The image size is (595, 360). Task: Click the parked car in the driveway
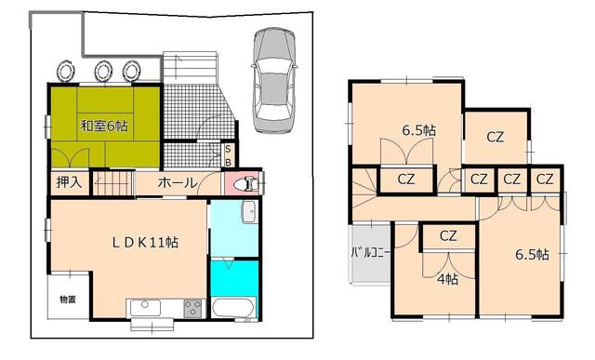point(274,75)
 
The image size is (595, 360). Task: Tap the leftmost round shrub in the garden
point(67,71)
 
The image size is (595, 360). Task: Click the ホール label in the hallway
point(177,183)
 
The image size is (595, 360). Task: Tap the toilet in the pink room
point(244,183)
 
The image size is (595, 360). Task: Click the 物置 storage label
point(68,299)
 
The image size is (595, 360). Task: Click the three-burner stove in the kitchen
point(193,308)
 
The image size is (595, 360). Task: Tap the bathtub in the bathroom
point(232,308)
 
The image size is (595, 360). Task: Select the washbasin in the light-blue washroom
point(249,213)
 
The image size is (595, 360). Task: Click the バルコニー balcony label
point(369,253)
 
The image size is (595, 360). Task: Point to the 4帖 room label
point(446,279)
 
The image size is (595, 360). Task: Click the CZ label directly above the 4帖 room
point(448,236)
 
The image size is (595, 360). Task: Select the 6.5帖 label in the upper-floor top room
point(416,131)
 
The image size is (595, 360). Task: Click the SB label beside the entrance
point(228,154)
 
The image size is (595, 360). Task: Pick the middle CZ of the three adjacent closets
point(510,180)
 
